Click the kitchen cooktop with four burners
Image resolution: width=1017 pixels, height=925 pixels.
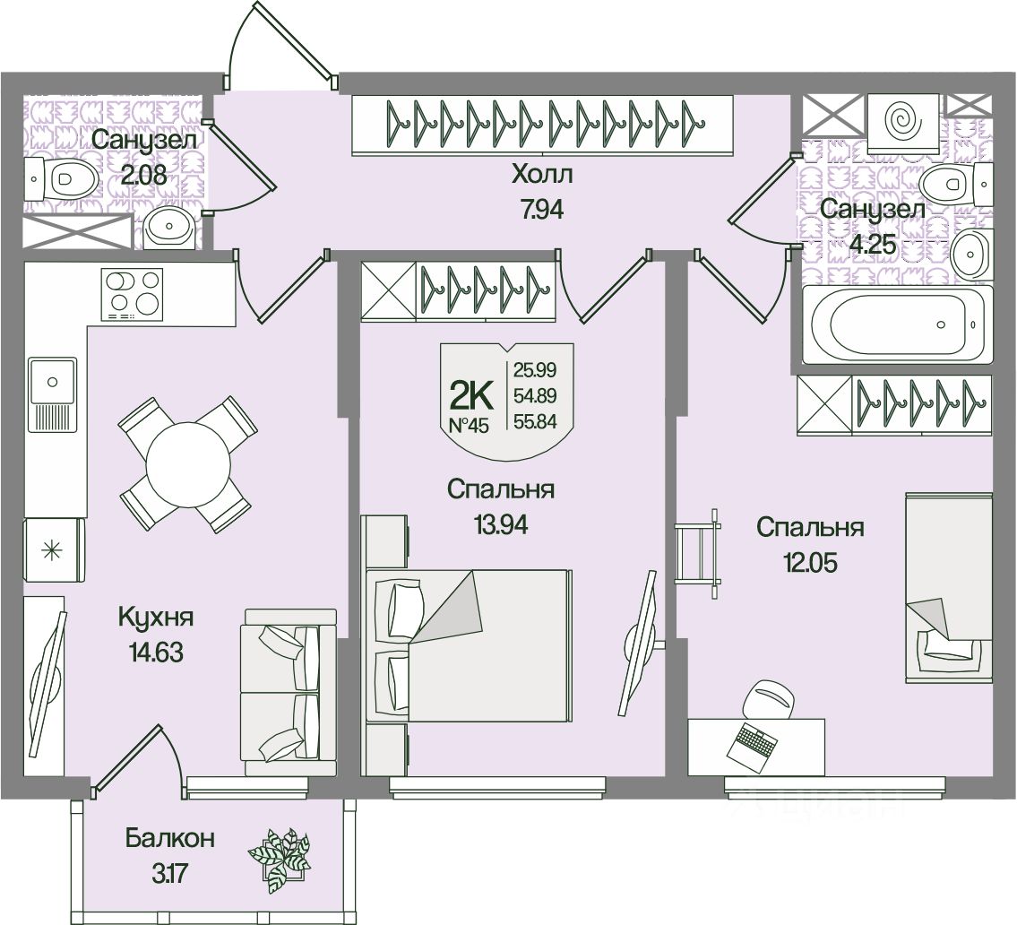tap(133, 295)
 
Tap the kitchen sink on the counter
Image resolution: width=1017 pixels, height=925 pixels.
tap(52, 393)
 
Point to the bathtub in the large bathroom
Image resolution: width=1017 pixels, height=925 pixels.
tap(897, 324)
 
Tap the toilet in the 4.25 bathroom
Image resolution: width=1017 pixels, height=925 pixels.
tap(953, 184)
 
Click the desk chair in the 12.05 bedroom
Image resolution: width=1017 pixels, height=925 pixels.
tap(768, 699)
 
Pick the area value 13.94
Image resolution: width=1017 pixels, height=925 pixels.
tap(501, 524)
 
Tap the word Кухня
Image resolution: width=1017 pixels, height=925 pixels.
tap(156, 617)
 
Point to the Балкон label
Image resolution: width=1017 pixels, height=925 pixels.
tap(170, 838)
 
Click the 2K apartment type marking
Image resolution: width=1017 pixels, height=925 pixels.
tap(471, 395)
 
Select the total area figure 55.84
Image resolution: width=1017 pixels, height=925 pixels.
tap(535, 421)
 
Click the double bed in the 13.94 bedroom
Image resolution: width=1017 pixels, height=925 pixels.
tap(469, 645)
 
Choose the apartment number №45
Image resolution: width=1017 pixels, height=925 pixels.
tap(469, 426)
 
